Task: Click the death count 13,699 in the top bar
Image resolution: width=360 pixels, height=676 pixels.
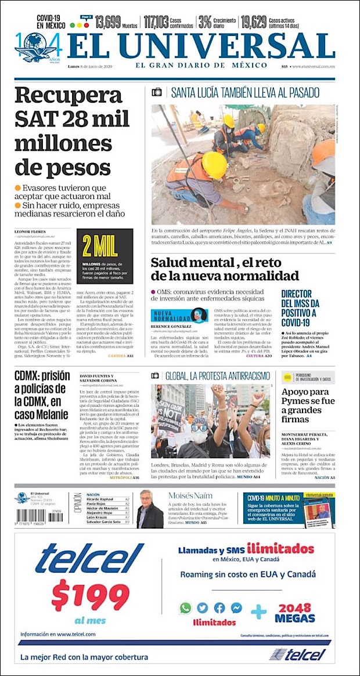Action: pos(107,23)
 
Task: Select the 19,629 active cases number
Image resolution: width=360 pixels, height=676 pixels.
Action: pos(253,23)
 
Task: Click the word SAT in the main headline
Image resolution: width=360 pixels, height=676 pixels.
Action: pos(34,119)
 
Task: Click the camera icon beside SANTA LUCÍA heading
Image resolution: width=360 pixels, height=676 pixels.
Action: pos(157,92)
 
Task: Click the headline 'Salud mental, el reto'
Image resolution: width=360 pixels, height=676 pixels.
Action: pos(225,268)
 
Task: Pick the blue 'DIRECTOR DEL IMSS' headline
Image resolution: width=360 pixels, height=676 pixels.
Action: pos(300,308)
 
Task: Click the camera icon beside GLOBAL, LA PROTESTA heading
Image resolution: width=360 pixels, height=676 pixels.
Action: pos(156,375)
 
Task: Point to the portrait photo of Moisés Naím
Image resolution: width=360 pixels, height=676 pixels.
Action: pos(150,509)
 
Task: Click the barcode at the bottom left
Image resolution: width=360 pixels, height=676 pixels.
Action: pos(30,515)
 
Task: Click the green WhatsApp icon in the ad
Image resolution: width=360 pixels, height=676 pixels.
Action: pos(185,608)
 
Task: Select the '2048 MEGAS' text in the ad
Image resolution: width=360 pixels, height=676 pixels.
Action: pos(295,613)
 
